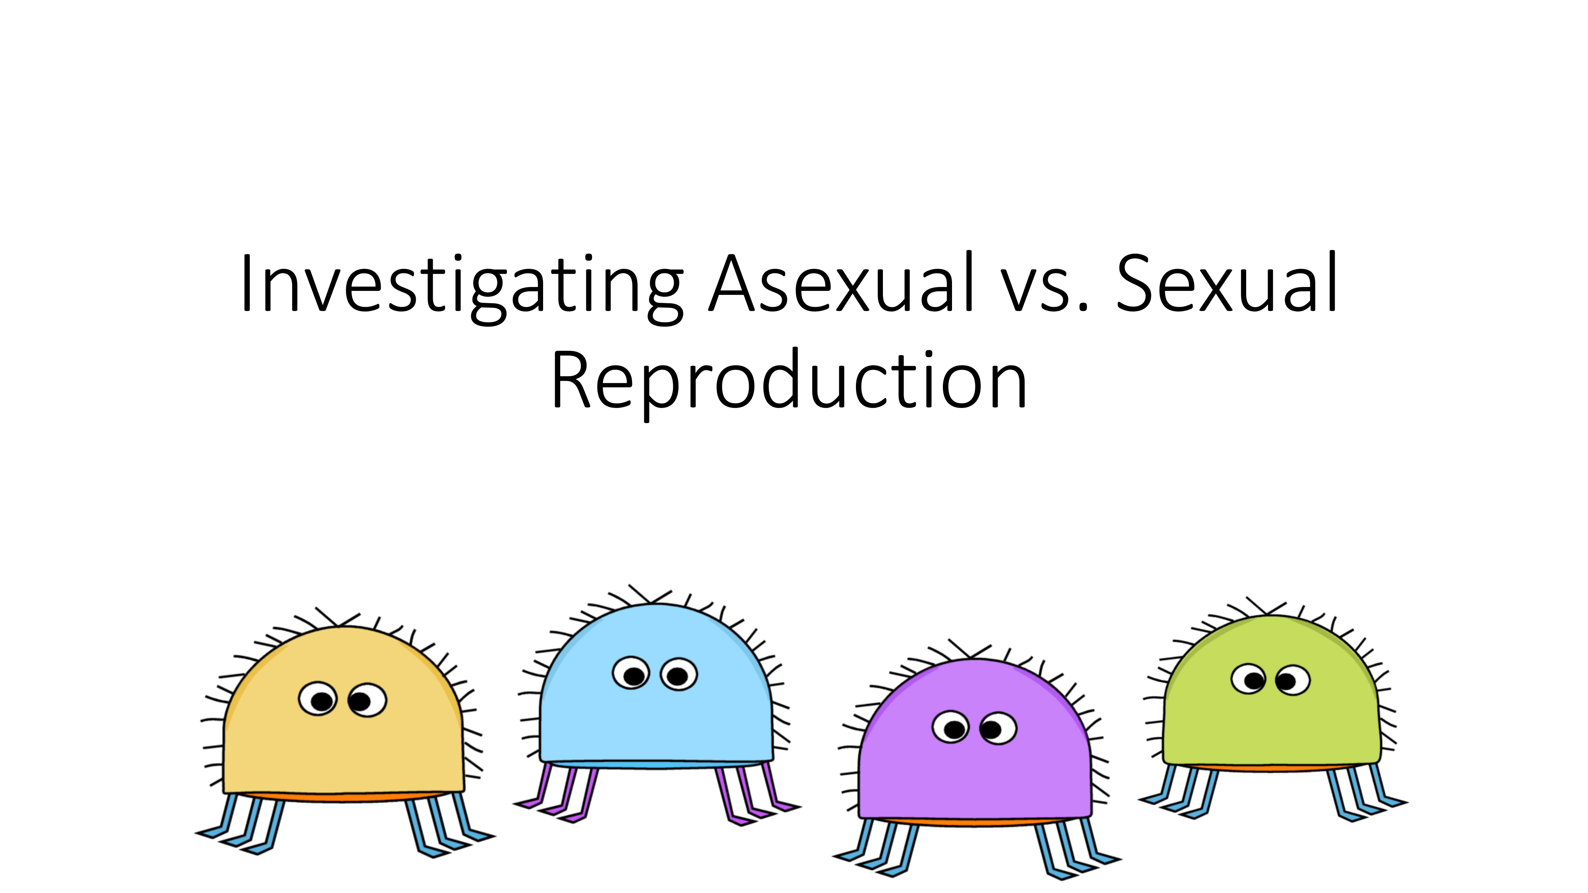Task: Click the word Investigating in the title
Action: click(x=462, y=287)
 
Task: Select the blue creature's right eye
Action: click(x=679, y=674)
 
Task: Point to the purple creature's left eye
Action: click(x=950, y=727)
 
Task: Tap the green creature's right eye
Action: click(x=1293, y=680)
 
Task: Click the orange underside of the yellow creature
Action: click(x=343, y=797)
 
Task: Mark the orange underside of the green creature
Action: click(x=1271, y=767)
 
